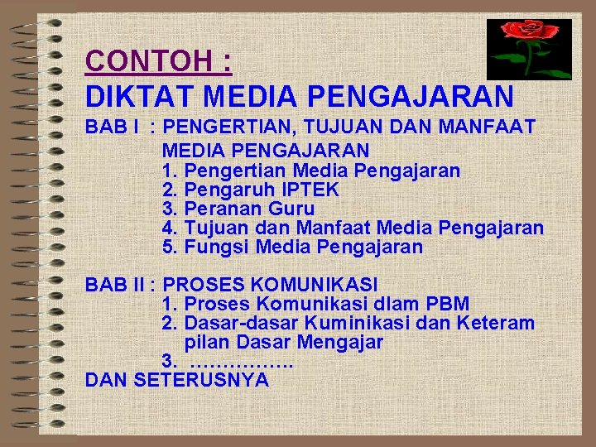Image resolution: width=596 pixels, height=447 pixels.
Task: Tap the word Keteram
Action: [x=494, y=323]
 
